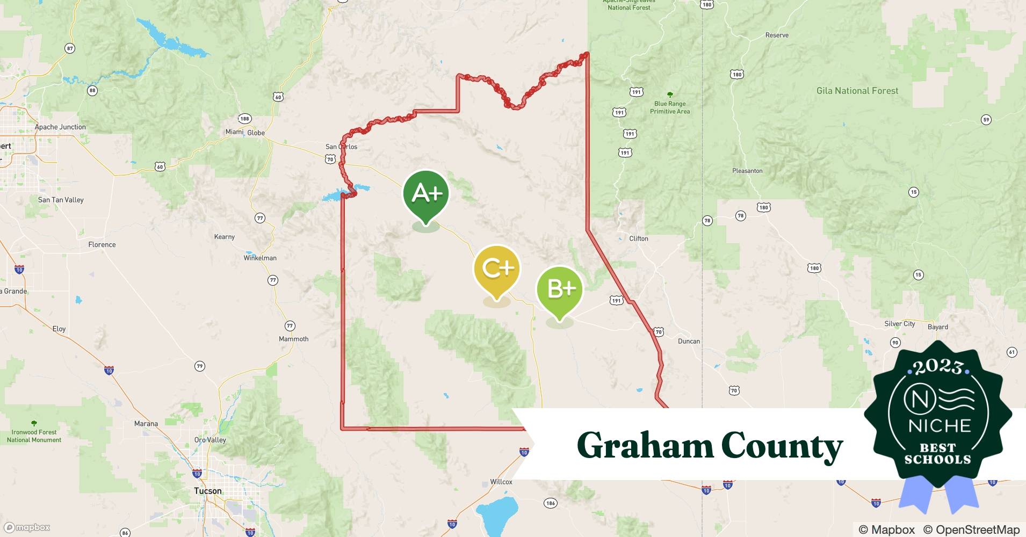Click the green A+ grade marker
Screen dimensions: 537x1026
click(426, 194)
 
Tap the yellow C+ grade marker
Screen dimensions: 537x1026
click(497, 269)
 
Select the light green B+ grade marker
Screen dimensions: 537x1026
click(560, 289)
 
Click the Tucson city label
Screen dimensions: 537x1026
click(208, 491)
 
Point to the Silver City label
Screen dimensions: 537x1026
click(899, 324)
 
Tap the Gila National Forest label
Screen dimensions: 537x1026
click(857, 91)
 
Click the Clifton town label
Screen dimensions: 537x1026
click(639, 238)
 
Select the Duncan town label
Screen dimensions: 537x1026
click(689, 341)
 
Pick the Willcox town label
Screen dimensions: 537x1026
click(501, 482)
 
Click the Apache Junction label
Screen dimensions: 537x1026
click(60, 127)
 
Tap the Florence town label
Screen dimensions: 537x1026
click(102, 244)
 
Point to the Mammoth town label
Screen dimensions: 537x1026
click(293, 339)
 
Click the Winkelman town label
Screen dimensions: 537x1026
click(260, 258)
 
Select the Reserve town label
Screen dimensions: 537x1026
click(777, 35)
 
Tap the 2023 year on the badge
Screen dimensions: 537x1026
click(937, 367)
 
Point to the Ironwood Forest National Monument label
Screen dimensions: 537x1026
click(34, 436)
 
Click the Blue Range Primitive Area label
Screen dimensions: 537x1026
click(670, 107)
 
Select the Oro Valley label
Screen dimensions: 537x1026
click(210, 440)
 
